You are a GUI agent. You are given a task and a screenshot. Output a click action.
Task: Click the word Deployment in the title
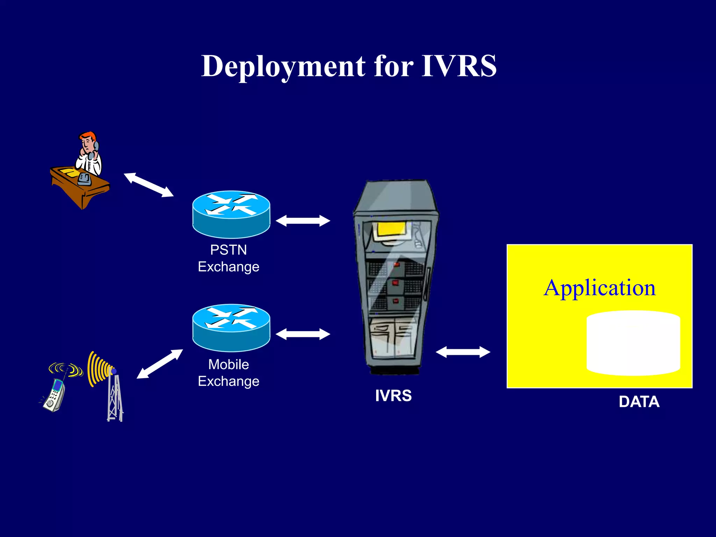pos(284,66)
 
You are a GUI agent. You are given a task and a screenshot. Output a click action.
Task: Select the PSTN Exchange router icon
pos(231,214)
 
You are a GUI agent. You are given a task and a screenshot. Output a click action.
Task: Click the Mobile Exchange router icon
pos(231,327)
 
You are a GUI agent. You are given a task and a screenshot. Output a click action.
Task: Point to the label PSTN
pos(228,250)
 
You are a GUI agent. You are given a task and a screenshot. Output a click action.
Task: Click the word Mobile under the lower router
pos(228,364)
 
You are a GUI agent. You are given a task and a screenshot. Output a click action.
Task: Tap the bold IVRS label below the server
pos(393,396)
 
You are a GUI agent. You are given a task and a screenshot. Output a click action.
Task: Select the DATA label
pos(639,402)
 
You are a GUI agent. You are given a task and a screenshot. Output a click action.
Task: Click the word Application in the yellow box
pos(599,288)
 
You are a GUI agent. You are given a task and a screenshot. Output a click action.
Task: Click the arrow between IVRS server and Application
pos(463,352)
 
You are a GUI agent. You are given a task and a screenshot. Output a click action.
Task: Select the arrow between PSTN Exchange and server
pos(303,221)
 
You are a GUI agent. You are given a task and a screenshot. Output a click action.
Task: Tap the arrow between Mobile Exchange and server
pos(303,334)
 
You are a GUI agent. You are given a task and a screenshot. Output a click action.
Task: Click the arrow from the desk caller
pos(149,185)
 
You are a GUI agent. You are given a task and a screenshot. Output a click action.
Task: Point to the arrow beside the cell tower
pos(159,364)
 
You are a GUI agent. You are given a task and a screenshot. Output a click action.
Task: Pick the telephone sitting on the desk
pos(84,179)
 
